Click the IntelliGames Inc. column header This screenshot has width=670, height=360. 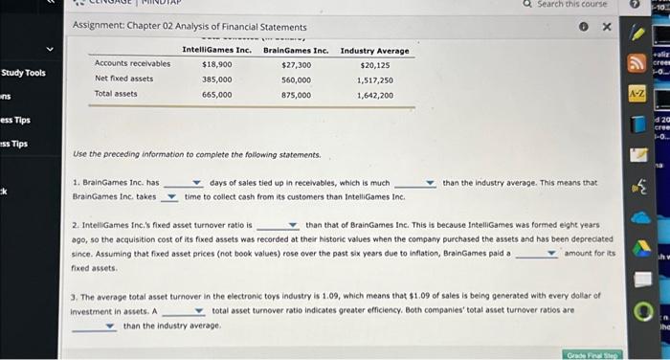point(216,50)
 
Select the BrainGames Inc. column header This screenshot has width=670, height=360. point(296,50)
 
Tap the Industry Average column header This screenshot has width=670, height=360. point(374,50)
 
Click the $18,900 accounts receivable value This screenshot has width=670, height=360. point(216,63)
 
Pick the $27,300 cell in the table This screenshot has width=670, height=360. point(296,63)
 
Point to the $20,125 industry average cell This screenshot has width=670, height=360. point(374,63)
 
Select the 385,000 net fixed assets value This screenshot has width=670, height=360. point(216,79)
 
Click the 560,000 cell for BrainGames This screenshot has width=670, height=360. point(296,79)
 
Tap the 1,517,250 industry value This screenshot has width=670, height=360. point(374,79)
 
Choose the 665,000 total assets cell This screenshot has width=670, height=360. point(216,94)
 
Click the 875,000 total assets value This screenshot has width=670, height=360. point(296,94)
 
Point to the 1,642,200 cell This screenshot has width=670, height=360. point(374,94)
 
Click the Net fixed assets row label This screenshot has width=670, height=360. point(123,79)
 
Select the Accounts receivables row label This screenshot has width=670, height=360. point(132,63)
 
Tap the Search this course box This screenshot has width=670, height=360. point(571,5)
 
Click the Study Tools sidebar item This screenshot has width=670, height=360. point(24,73)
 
